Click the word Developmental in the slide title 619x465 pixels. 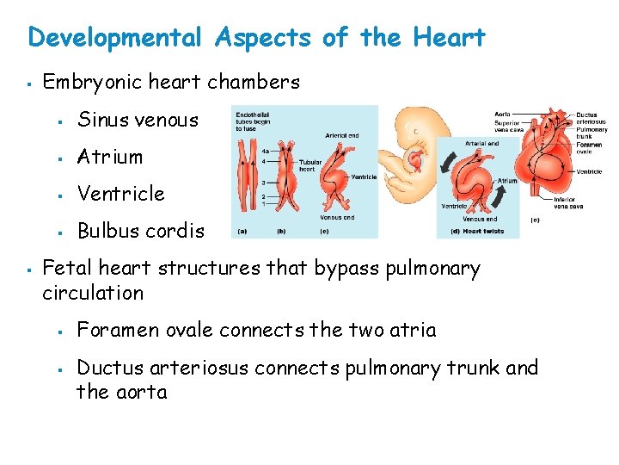pos(115,38)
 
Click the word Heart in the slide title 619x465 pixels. pos(449,38)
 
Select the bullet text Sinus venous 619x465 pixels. pos(138,121)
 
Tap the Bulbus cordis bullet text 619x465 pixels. pos(141,231)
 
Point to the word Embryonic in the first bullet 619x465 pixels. pos(83,83)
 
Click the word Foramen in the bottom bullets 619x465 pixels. pos(113,331)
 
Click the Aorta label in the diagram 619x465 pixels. pos(503,114)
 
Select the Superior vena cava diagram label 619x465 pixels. pos(507,127)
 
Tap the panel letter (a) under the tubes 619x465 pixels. pos(243,231)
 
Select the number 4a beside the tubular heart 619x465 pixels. pos(266,152)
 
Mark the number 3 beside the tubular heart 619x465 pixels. pos(264,183)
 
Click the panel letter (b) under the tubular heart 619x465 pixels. pos(281,231)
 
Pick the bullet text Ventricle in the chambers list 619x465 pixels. pos(120,194)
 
